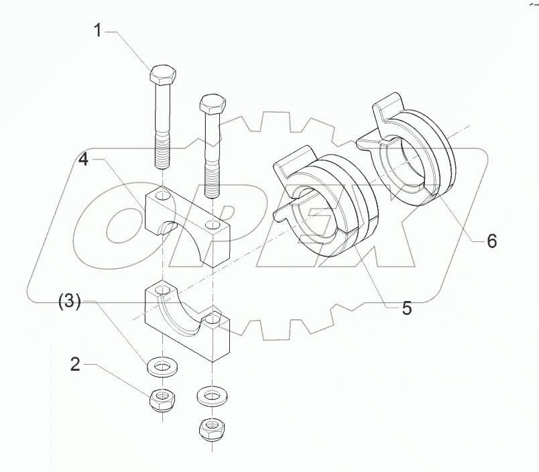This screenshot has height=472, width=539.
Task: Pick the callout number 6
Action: pyautogui.click(x=491, y=241)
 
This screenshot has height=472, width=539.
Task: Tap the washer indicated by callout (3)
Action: pyautogui.click(x=161, y=367)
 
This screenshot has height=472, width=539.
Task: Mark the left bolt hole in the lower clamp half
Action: pyautogui.click(x=162, y=290)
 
